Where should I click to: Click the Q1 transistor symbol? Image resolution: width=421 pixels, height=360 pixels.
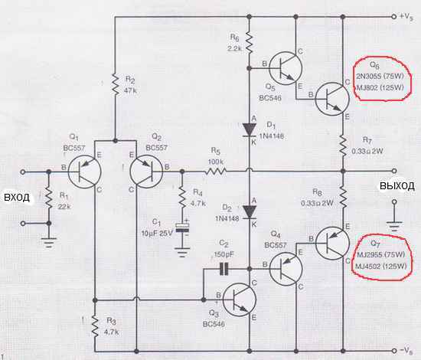click(84, 171)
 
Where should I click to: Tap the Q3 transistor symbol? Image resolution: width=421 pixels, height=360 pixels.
click(240, 299)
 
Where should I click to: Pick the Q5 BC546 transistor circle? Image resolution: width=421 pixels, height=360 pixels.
click(286, 68)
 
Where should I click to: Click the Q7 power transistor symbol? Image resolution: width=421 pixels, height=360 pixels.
click(332, 243)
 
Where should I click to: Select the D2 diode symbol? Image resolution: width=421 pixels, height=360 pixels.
click(250, 212)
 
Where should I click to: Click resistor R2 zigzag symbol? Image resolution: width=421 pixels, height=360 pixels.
click(115, 84)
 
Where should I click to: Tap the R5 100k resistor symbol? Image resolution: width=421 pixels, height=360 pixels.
click(216, 171)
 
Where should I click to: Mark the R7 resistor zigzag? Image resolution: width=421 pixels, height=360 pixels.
click(343, 146)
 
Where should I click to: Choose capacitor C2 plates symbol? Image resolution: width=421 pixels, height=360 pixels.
click(224, 269)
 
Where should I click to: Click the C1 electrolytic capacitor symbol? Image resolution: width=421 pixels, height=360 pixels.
click(182, 227)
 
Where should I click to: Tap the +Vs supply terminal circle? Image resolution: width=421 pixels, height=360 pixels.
click(394, 17)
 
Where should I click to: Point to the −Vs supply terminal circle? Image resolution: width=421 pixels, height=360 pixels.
click(394, 351)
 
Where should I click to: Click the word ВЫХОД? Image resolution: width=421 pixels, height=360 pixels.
click(397, 185)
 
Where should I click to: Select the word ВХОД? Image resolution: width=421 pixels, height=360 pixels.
click(17, 198)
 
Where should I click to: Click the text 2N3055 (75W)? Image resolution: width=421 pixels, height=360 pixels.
click(380, 77)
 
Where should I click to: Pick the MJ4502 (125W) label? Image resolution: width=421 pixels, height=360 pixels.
click(380, 266)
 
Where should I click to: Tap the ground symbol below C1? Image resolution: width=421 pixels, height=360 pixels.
click(182, 253)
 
